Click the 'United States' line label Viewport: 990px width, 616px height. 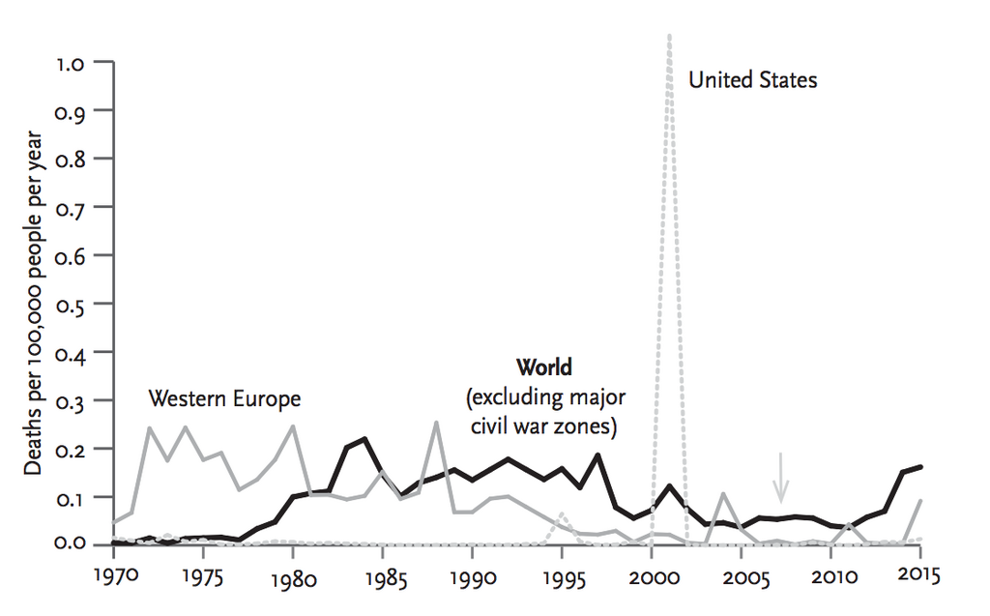coord(752,80)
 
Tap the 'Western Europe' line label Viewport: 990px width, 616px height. coord(224,398)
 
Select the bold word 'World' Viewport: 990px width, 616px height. coord(543,367)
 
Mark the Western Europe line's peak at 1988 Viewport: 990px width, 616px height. coord(437,423)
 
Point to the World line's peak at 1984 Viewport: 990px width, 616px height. coord(364,439)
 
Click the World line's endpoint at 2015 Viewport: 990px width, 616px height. coord(919,466)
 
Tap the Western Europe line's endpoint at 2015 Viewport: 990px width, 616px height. coord(919,501)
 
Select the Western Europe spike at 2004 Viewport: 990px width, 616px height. coord(723,494)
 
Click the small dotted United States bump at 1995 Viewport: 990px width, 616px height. coord(562,513)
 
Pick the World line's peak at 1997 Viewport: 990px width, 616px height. coord(597,455)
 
